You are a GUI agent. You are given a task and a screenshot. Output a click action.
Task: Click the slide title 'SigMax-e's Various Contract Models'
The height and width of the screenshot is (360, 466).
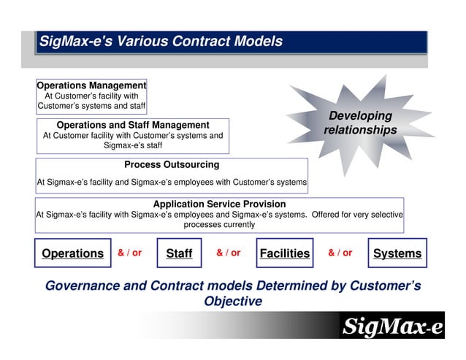160,42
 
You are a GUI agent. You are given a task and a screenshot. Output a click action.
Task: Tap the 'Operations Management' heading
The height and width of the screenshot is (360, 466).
92,85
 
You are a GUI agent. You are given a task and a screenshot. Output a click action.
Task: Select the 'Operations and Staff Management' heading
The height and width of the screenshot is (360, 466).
133,125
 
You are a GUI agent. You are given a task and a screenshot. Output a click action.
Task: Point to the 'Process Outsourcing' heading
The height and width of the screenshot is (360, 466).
172,164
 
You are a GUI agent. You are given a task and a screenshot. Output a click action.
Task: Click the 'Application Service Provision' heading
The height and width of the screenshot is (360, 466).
219,204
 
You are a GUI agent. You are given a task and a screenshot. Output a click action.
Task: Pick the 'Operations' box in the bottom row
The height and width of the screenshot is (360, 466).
73,253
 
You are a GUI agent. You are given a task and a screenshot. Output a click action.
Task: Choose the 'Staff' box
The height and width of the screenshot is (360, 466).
179,253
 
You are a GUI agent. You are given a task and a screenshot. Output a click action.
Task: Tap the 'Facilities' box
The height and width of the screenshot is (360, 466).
285,253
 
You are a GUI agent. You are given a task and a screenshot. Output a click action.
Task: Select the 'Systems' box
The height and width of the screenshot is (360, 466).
397,253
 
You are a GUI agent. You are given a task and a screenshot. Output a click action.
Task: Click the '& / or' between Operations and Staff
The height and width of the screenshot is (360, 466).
130,253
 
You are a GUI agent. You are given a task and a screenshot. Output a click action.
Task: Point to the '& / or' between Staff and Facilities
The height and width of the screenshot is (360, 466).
229,253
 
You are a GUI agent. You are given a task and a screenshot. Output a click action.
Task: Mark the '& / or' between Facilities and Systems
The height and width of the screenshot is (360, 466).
340,253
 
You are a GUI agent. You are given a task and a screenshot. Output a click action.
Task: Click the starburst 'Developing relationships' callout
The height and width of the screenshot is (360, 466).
360,123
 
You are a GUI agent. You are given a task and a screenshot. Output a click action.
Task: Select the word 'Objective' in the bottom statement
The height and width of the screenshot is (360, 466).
233,301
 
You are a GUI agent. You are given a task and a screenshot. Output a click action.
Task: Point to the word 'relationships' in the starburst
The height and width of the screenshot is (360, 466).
360,130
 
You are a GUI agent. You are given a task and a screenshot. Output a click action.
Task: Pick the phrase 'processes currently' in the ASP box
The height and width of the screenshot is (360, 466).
219,224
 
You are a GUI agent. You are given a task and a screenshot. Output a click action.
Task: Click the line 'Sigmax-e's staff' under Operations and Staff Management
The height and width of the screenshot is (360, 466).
133,145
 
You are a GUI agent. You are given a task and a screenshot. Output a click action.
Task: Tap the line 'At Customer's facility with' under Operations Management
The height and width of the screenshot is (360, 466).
92,96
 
